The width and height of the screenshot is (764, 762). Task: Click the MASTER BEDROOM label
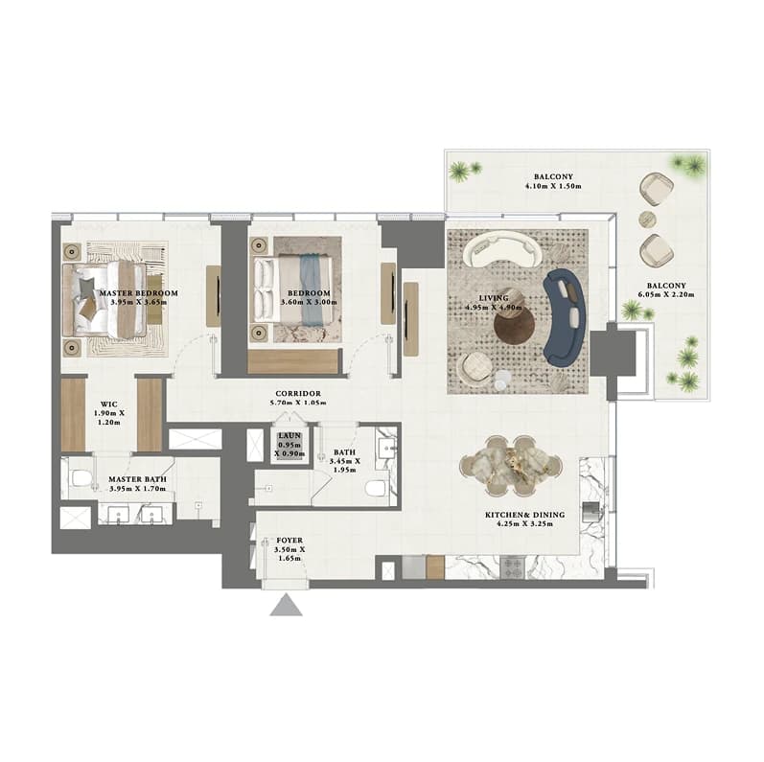pyautogui.click(x=139, y=293)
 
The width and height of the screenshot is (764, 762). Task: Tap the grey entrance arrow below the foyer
pyautogui.click(x=287, y=605)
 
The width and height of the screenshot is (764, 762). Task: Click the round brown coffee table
pyautogui.click(x=514, y=327)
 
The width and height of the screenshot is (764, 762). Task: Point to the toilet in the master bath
pyautogui.click(x=81, y=478)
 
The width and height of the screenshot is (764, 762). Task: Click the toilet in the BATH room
pyautogui.click(x=377, y=487)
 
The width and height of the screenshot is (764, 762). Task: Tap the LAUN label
pyautogui.click(x=289, y=435)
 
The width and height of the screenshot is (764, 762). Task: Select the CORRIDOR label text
pyautogui.click(x=298, y=394)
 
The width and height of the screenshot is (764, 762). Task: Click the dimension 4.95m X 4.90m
pyautogui.click(x=494, y=308)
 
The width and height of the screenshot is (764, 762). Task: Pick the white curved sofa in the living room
pyautogui.click(x=502, y=248)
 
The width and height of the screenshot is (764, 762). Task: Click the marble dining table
pyautogui.click(x=511, y=466)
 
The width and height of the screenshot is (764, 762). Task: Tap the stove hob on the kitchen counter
pyautogui.click(x=513, y=567)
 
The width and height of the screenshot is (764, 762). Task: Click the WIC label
pyautogui.click(x=108, y=404)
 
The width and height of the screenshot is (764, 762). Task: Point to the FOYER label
pyautogui.click(x=289, y=541)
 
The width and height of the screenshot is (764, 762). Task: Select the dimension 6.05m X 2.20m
pyautogui.click(x=666, y=295)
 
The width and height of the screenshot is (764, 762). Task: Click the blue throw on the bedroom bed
pyautogui.click(x=309, y=289)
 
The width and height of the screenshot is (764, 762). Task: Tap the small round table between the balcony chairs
pyautogui.click(x=648, y=219)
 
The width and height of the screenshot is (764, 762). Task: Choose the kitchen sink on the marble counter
pyautogui.click(x=591, y=511)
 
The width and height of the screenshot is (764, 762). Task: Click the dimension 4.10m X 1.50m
pyautogui.click(x=553, y=186)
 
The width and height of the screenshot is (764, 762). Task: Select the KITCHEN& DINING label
pyautogui.click(x=524, y=515)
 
